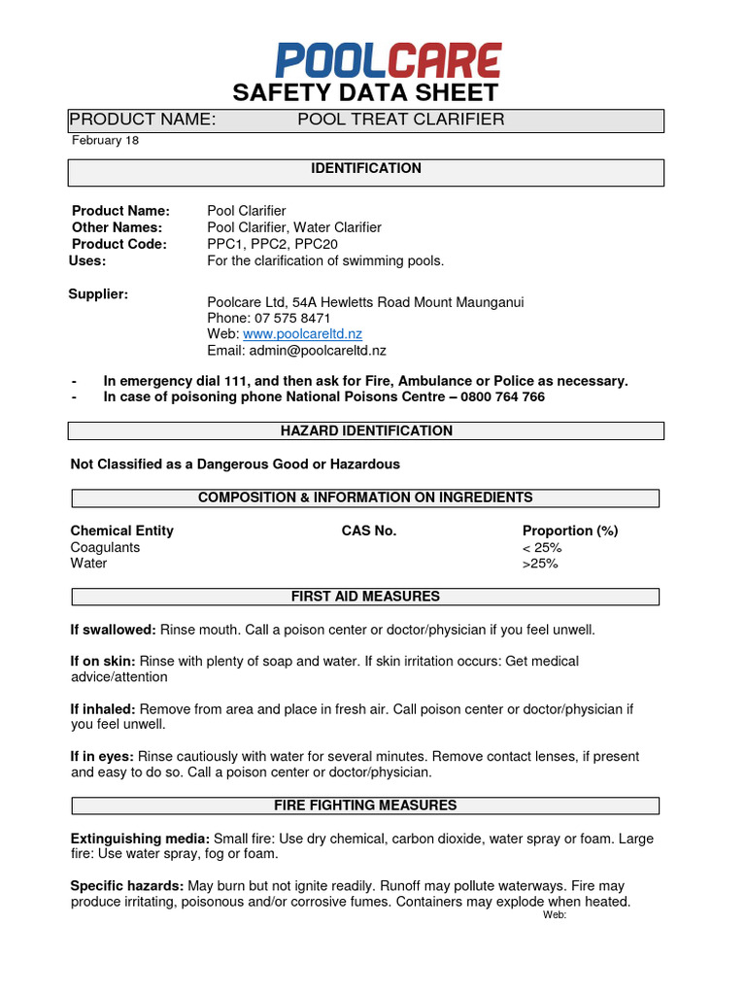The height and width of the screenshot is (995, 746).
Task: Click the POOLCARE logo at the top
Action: (389, 60)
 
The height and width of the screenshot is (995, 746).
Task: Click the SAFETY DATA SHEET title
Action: (365, 93)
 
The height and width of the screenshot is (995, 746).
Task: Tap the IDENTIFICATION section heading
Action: (366, 169)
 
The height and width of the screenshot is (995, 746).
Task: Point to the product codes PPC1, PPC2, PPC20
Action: (259, 244)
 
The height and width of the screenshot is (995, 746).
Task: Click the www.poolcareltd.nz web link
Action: (302, 333)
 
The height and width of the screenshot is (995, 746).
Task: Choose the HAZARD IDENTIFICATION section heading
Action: (366, 430)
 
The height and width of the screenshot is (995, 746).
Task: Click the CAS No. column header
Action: (369, 531)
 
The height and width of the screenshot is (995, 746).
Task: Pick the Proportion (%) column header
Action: (570, 531)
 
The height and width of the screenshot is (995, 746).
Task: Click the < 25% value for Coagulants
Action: (542, 547)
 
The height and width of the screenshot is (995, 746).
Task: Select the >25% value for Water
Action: (540, 564)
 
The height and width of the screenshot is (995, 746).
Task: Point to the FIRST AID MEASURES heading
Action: (366, 596)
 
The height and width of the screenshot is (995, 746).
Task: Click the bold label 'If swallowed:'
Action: (113, 630)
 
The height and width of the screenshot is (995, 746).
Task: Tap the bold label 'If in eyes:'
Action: (102, 756)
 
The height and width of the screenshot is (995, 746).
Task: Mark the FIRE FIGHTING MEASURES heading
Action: (365, 806)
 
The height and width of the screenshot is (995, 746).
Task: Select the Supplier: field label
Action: (98, 293)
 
